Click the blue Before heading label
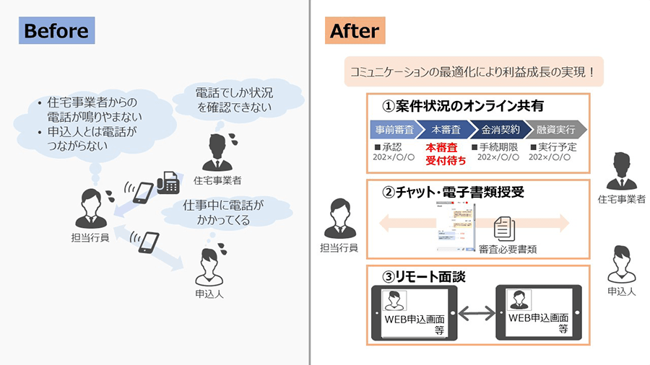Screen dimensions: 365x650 [56, 31]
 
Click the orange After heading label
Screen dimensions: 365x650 [354, 31]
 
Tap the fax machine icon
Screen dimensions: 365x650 [167, 182]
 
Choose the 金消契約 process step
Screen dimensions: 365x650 [499, 129]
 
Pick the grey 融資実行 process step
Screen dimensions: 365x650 [555, 129]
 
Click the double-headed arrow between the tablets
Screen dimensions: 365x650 [476, 313]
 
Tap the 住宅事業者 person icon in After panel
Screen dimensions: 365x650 [621, 171]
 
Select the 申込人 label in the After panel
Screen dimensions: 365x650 [621, 291]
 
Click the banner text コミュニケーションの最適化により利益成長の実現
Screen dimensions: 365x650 [472, 72]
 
